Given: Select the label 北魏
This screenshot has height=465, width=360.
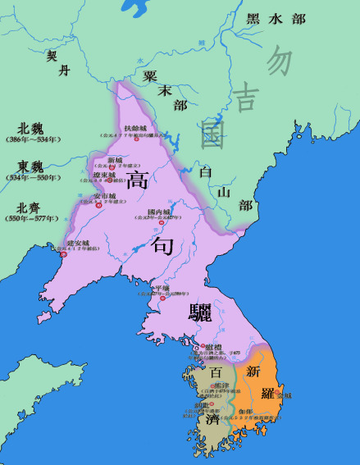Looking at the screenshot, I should [30, 129].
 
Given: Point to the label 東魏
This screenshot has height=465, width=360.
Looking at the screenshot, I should [30, 165].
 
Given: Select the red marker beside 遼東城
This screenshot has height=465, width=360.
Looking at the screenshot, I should [111, 179].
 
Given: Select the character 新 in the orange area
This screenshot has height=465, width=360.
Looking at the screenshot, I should [253, 370].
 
